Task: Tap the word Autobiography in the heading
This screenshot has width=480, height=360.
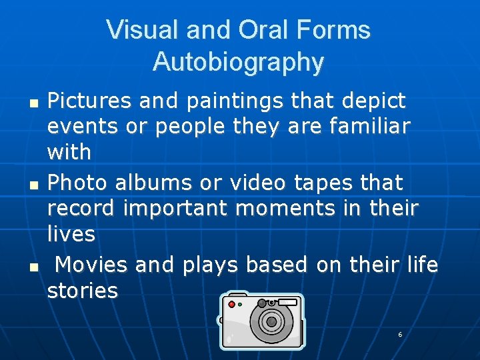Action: click(x=238, y=62)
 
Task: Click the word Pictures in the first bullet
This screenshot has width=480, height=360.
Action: click(x=89, y=101)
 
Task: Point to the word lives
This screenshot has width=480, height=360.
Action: click(x=71, y=234)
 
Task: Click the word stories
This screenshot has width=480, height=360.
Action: click(x=83, y=291)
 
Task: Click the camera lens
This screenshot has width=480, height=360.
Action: click(x=271, y=321)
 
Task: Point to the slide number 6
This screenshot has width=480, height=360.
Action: click(x=400, y=334)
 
